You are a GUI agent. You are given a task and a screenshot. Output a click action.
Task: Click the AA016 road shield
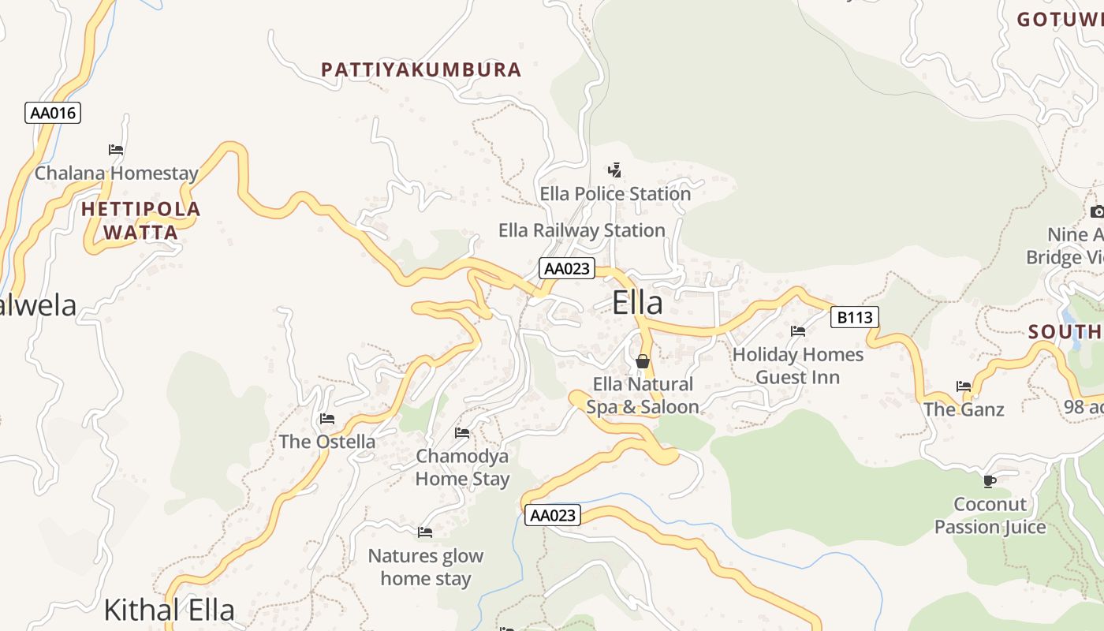pyautogui.click(x=53, y=113)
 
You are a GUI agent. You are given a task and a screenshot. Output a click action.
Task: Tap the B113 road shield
pyautogui.click(x=855, y=318)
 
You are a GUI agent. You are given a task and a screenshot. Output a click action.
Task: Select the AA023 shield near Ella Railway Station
pyautogui.click(x=567, y=268)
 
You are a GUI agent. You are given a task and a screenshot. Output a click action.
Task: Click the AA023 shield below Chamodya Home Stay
pyautogui.click(x=553, y=516)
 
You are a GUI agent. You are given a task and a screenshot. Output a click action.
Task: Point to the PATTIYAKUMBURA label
pyautogui.click(x=421, y=69)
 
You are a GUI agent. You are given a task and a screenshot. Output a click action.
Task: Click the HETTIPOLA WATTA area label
pyautogui.click(x=141, y=221)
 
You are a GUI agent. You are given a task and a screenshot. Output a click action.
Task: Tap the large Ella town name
pyautogui.click(x=637, y=304)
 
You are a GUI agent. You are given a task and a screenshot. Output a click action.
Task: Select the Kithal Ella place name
pyautogui.click(x=170, y=610)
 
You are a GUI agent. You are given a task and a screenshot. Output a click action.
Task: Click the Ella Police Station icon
pyautogui.click(x=615, y=170)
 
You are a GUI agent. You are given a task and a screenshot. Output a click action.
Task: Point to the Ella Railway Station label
pyautogui.click(x=582, y=230)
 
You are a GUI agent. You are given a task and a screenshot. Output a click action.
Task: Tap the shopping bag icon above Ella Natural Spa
pyautogui.click(x=643, y=361)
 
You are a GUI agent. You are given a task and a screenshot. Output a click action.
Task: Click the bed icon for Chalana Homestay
pyautogui.click(x=116, y=149)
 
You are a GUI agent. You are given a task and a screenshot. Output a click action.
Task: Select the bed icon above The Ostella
pyautogui.click(x=327, y=418)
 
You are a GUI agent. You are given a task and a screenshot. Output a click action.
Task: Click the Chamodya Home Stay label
pyautogui.click(x=462, y=467)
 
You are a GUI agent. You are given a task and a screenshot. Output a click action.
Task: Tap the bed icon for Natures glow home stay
pyautogui.click(x=425, y=532)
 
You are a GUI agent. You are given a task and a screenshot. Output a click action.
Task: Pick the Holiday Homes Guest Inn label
pyautogui.click(x=798, y=366)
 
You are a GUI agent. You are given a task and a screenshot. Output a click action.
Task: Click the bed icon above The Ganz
pyautogui.click(x=964, y=386)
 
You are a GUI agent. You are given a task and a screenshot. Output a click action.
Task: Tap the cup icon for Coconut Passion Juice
pyautogui.click(x=990, y=481)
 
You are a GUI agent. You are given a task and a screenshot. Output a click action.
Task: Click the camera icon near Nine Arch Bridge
pyautogui.click(x=1097, y=211)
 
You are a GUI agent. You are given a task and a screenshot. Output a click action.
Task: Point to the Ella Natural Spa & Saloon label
pyautogui.click(x=643, y=396)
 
